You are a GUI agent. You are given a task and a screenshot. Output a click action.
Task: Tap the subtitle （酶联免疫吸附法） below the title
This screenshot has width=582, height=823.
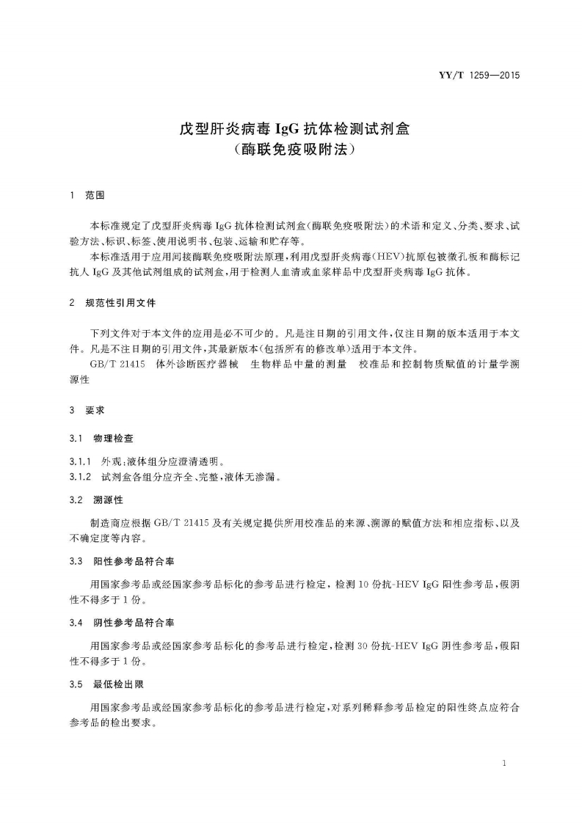click(291, 150)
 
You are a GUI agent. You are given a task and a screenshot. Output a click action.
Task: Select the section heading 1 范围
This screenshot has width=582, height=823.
click(87, 197)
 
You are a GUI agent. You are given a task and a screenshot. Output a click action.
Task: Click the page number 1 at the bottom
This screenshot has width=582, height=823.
click(505, 764)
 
